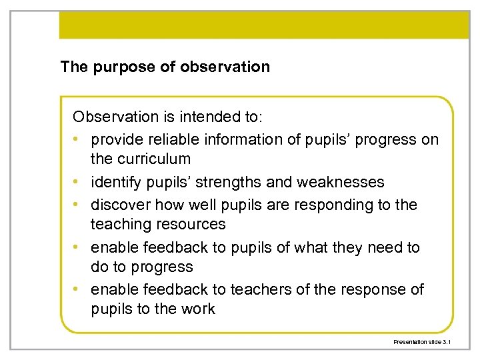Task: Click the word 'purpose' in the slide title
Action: (x=117, y=67)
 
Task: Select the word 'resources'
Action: (x=192, y=224)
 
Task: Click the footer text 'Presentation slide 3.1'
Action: (x=422, y=341)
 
